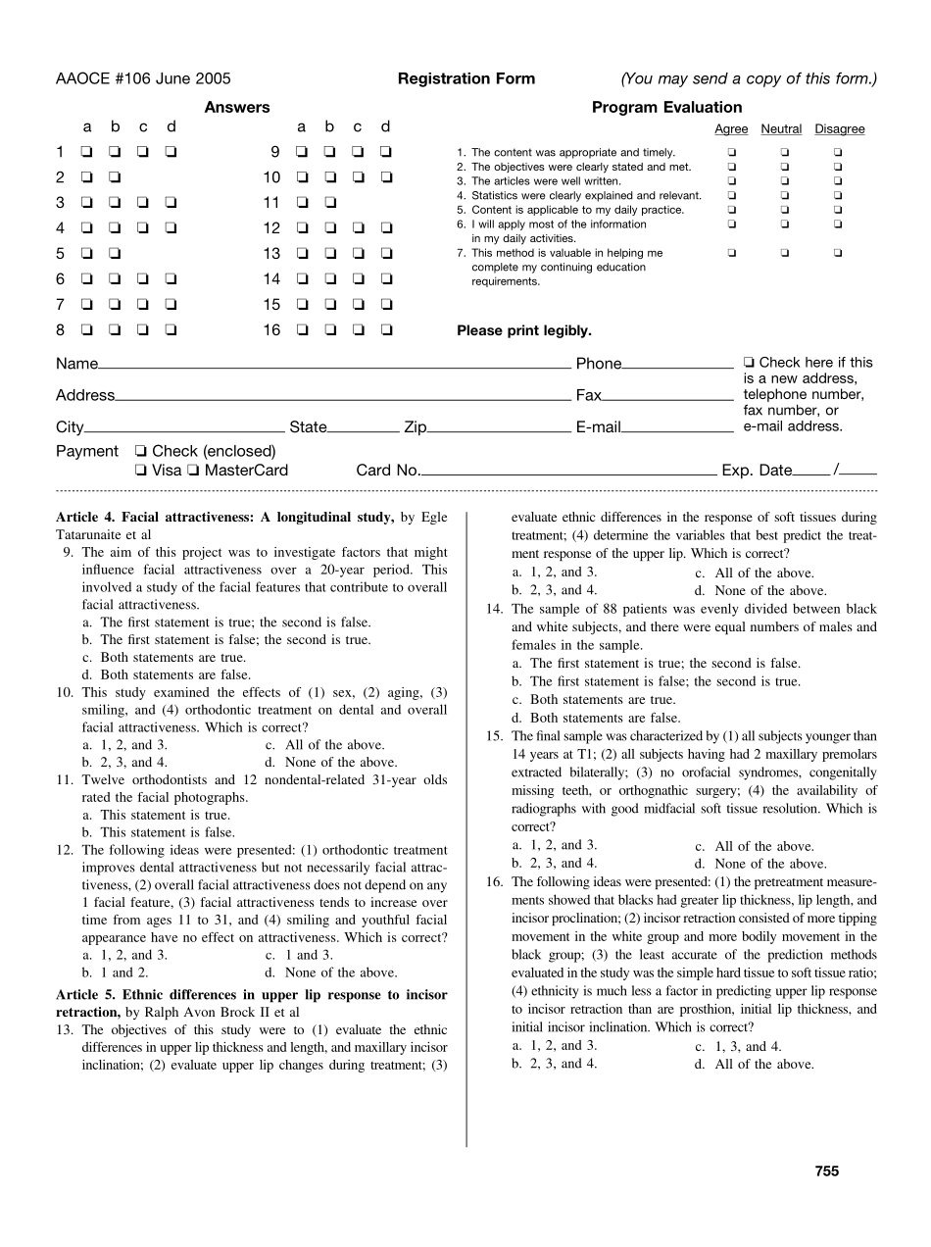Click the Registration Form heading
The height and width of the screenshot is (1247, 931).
(466, 79)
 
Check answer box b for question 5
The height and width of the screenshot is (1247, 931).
(115, 254)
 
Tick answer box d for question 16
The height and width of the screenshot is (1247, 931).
(386, 330)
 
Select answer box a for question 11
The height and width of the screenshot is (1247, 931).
(301, 203)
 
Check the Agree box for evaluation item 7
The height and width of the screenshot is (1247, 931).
(731, 253)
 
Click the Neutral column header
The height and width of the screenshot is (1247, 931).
(781, 129)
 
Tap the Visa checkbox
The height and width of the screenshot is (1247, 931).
(141, 471)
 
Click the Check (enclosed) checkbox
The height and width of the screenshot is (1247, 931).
(141, 452)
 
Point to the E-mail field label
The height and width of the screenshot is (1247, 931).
(598, 427)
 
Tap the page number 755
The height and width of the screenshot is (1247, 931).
(826, 1171)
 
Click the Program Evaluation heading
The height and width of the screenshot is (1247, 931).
(666, 108)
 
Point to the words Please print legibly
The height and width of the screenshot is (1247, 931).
(524, 331)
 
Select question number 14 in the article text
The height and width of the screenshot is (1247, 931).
(495, 609)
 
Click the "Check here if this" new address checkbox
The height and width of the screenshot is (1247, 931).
(750, 363)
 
